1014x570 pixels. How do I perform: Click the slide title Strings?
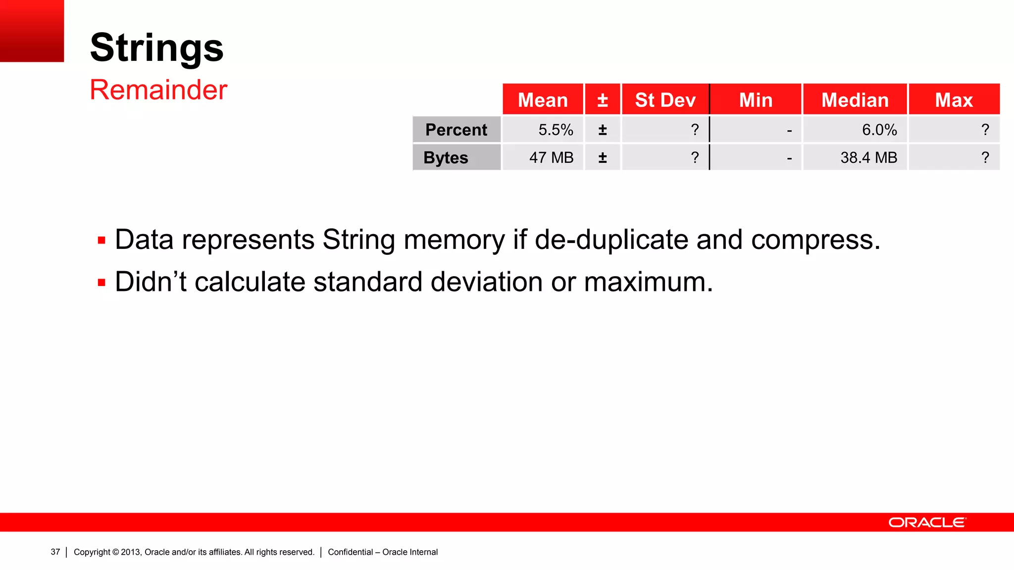156,47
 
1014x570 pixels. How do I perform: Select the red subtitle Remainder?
158,90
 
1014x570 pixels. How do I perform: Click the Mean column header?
543,100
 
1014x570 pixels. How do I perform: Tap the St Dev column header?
665,100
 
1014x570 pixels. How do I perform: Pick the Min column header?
756,100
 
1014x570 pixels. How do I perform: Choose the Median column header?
855,100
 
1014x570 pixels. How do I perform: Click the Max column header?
954,100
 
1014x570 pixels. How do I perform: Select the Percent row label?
456,130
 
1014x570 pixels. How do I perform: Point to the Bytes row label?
446,157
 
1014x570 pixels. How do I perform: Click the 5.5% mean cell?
556,130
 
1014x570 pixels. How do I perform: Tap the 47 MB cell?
551,157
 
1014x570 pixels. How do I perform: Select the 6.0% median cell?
879,130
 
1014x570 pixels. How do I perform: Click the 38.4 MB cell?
868,157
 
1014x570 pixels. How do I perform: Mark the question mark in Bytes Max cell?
985,157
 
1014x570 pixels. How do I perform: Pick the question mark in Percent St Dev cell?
695,130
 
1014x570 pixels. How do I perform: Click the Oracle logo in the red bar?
927,522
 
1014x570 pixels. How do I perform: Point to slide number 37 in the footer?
55,552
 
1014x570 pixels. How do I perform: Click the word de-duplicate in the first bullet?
611,240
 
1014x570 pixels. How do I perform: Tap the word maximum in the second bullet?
648,282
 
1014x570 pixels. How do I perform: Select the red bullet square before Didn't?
101,283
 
